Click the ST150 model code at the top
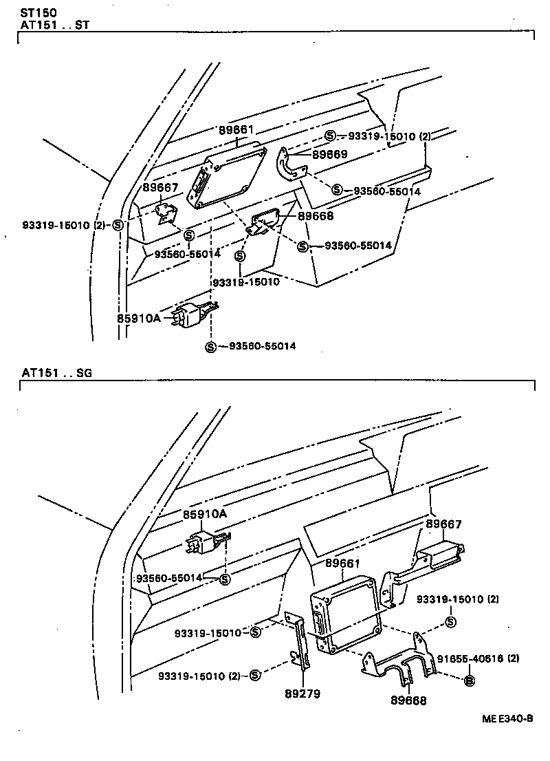click(38, 12)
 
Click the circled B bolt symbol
click(470, 681)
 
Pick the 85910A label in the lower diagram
click(204, 514)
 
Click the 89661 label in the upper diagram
click(237, 129)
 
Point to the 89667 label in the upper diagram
click(160, 187)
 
